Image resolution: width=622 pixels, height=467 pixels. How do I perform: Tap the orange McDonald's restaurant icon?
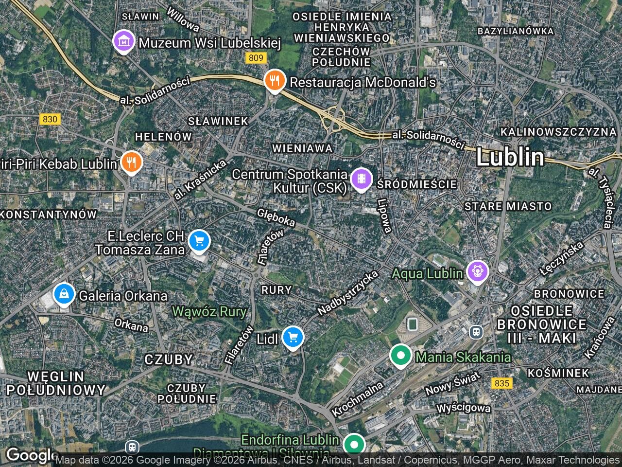pyautogui.click(x=275, y=81)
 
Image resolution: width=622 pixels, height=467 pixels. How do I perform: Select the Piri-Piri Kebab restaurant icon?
pyautogui.click(x=130, y=162)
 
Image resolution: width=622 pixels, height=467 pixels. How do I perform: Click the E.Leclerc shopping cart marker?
pyautogui.click(x=198, y=241)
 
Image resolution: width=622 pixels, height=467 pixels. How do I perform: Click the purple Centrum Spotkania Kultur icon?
pyautogui.click(x=361, y=179)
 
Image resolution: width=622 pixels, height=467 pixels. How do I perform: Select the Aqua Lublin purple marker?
pyautogui.click(x=478, y=271)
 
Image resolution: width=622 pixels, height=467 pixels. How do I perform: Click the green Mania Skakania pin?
pyautogui.click(x=400, y=356)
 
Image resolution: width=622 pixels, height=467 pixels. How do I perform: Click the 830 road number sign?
pyautogui.click(x=50, y=119)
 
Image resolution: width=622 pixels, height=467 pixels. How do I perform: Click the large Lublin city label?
pyautogui.click(x=510, y=158)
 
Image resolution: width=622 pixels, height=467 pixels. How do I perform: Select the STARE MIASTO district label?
pyautogui.click(x=508, y=206)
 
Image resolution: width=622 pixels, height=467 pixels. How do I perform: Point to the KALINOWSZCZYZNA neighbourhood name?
pyautogui.click(x=558, y=132)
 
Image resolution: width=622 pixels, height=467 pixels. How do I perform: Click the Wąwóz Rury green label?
pyautogui.click(x=209, y=311)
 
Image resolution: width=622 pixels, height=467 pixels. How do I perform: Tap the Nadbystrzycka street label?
pyautogui.click(x=347, y=292)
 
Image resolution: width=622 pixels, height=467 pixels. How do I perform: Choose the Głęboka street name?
pyautogui.click(x=276, y=217)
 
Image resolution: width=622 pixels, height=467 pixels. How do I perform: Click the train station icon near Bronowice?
pyautogui.click(x=476, y=332)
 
